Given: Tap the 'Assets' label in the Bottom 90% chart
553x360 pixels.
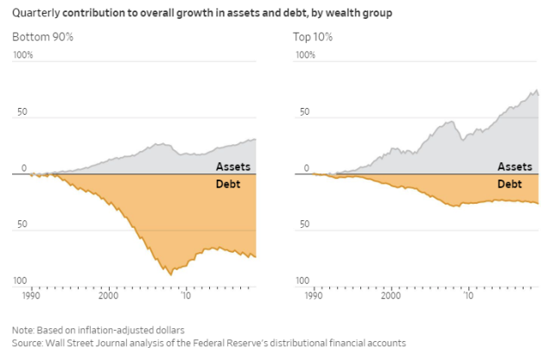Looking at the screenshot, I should (232, 167).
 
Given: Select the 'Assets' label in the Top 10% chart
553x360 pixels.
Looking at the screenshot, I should (514, 167).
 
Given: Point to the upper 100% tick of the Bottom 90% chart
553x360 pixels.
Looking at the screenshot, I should (23, 55).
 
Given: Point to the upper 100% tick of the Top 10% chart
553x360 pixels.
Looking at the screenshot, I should (306, 55).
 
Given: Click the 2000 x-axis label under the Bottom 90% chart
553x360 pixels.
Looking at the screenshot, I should (107, 295).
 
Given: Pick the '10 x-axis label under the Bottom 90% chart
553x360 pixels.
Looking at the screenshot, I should (185, 295).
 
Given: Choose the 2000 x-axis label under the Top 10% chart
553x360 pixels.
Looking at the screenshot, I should (390, 295).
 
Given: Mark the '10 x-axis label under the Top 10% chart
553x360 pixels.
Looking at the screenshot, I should (467, 295).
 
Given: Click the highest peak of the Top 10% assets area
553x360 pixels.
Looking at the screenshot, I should (537, 90).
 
